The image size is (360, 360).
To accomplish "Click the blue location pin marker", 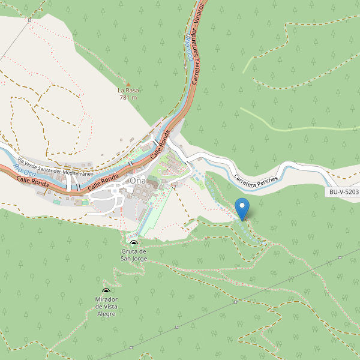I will [x=242, y=208].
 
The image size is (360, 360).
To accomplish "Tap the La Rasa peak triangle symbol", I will [x=128, y=84].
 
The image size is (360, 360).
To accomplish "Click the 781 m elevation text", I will [x=128, y=97].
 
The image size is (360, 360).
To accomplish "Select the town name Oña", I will [x=138, y=181].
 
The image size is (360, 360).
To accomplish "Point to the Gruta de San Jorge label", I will [x=134, y=254].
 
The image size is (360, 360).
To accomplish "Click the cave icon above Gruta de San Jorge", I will [x=133, y=243].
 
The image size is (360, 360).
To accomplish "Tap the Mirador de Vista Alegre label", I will [x=106, y=306].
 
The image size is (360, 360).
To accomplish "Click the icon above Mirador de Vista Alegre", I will [x=106, y=292].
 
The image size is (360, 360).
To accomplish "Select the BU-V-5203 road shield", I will [x=344, y=192].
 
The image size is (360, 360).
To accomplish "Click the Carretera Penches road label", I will [x=257, y=187].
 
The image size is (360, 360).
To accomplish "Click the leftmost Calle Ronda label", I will [x=32, y=181].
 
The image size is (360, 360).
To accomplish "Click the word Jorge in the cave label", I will [x=139, y=259].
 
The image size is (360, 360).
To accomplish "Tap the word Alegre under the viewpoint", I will [x=106, y=313].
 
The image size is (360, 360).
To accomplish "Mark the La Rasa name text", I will [x=128, y=91].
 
